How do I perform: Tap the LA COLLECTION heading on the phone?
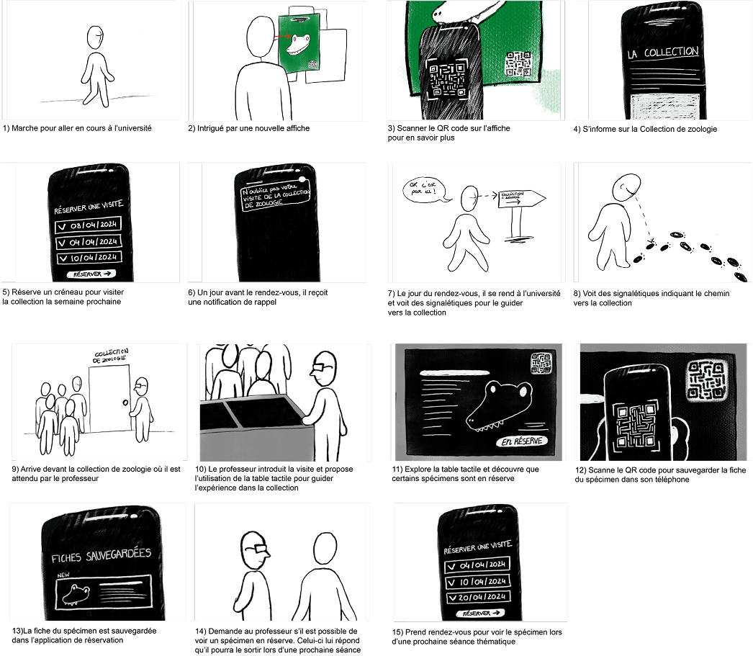[x=662, y=53]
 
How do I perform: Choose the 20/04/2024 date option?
[x=478, y=598]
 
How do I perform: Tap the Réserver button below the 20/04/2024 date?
[x=479, y=614]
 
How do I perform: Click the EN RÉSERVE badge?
[x=522, y=441]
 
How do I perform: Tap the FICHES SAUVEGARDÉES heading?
[x=102, y=557]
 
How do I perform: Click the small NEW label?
[x=63, y=575]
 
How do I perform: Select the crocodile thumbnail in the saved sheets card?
[x=76, y=595]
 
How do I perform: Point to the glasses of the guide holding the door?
[x=142, y=387]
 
